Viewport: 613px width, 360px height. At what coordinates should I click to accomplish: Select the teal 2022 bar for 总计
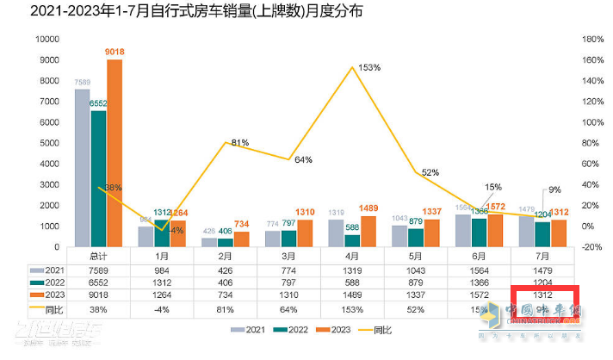pos(99,178)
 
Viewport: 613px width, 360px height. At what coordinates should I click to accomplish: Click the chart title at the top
pos(184,12)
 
